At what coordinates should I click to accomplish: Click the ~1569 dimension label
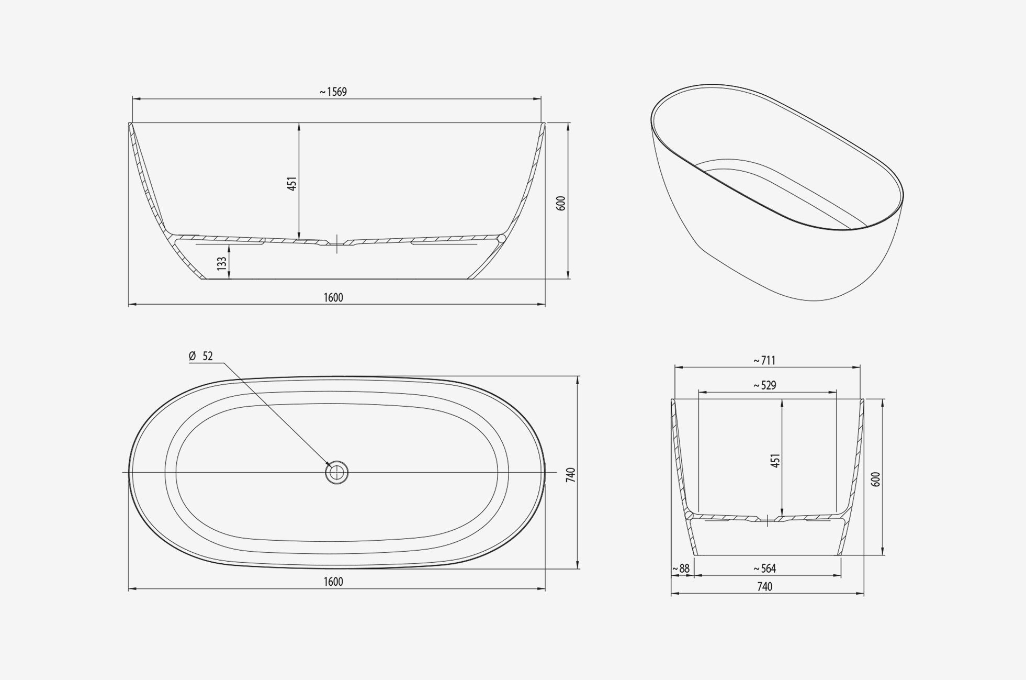(333, 92)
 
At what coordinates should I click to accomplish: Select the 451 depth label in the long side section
(292, 183)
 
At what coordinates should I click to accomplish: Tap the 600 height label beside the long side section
(561, 203)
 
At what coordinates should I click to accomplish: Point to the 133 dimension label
(222, 263)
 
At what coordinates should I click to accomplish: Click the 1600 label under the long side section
(333, 298)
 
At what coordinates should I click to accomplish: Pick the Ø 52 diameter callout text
(201, 356)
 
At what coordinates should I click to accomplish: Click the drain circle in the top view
(336, 472)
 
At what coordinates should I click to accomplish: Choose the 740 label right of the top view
(571, 475)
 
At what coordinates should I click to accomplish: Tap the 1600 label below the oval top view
(333, 582)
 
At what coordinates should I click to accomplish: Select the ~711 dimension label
(764, 361)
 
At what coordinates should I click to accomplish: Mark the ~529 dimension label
(764, 386)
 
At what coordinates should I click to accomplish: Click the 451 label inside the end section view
(775, 461)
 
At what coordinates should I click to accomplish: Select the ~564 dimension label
(764, 569)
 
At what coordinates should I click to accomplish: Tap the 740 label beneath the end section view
(764, 587)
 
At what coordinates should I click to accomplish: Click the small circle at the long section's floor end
(502, 239)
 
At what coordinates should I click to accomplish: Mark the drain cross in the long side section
(337, 243)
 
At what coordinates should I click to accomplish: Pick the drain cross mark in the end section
(767, 520)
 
